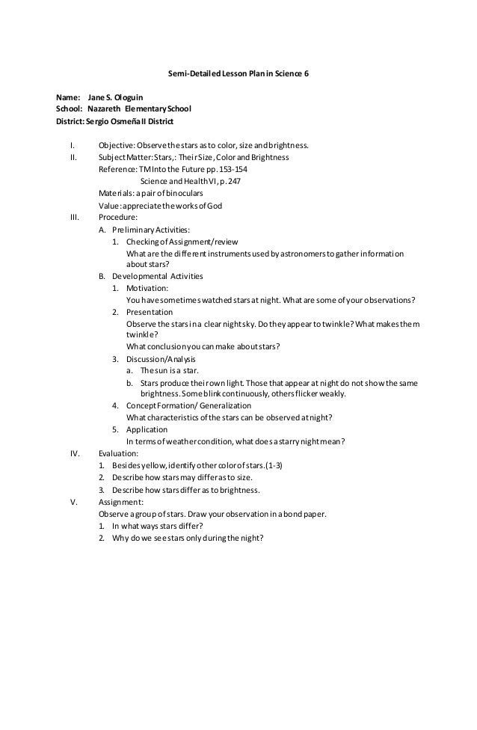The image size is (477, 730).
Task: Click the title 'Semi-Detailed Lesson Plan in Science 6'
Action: point(238,76)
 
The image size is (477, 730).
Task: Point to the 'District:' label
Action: point(70,121)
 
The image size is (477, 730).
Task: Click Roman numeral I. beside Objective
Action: point(73,145)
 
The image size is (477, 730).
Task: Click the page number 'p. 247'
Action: point(230,181)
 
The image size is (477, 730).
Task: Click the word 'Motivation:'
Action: point(147,288)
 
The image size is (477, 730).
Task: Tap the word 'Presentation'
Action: point(150,312)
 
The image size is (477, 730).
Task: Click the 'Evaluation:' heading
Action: point(119,453)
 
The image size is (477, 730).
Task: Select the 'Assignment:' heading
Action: point(122,502)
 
